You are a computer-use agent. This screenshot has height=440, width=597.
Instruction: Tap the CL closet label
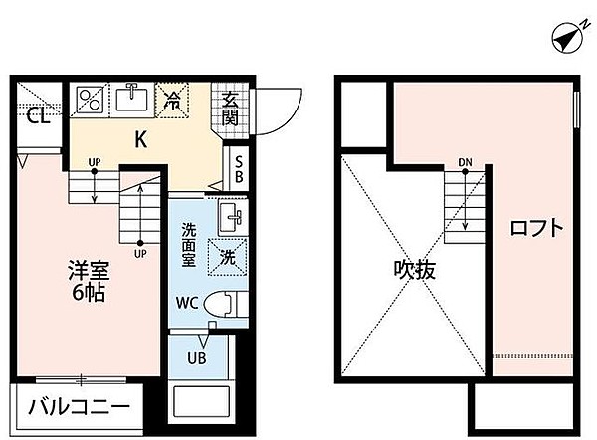pos(38,116)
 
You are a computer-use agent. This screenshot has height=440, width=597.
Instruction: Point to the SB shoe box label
pos(239,168)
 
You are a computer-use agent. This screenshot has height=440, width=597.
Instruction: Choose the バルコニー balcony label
pos(79,407)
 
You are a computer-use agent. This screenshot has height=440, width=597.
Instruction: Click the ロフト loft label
pos(536,228)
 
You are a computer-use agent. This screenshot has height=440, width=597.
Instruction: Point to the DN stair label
pos(466,162)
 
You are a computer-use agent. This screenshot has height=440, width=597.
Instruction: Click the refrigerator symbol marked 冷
pos(172,99)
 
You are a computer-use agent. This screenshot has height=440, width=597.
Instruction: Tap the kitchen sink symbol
pos(130,99)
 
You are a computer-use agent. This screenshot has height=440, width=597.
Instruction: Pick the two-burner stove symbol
pos(91,100)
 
